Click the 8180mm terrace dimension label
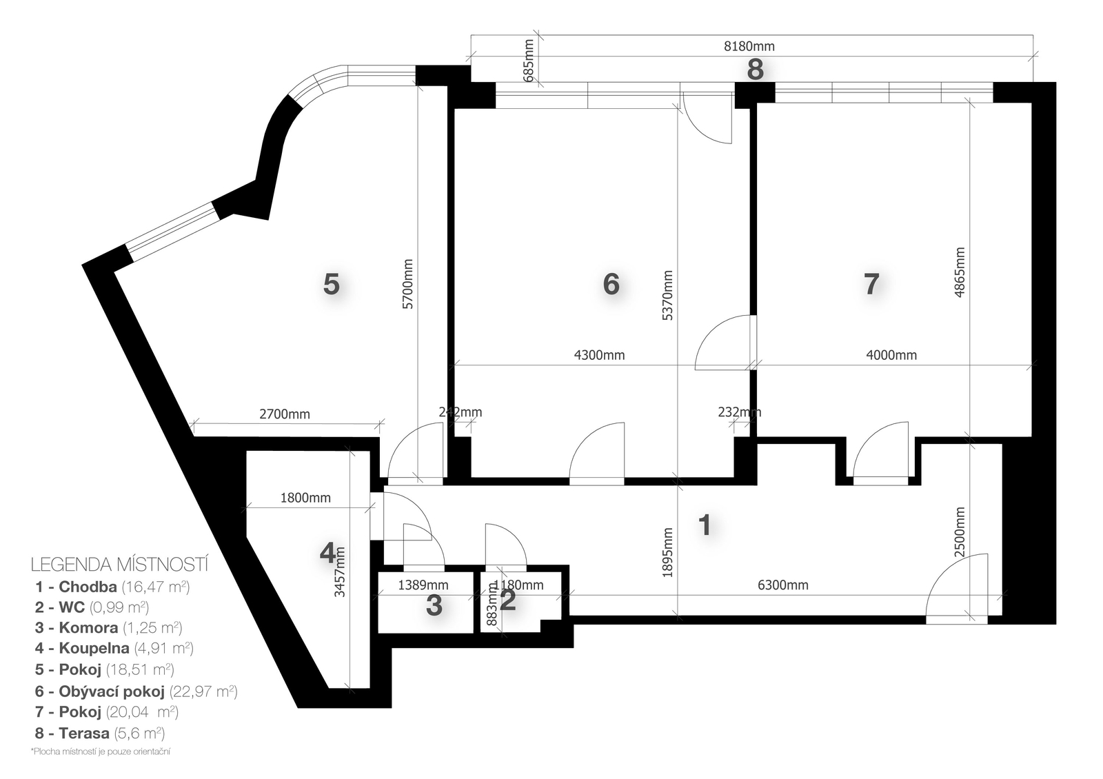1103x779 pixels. (x=749, y=46)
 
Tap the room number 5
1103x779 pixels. (x=331, y=284)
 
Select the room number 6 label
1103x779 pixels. (x=611, y=284)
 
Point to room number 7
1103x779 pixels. (x=871, y=284)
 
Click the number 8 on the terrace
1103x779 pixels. (x=756, y=70)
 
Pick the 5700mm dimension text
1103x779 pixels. (x=408, y=284)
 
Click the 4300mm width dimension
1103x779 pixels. (x=599, y=355)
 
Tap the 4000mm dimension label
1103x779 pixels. (x=891, y=355)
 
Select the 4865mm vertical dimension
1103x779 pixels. (x=959, y=272)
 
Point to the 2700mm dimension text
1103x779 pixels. (x=285, y=414)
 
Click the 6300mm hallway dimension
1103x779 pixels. (x=783, y=585)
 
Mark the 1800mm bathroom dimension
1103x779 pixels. (x=305, y=498)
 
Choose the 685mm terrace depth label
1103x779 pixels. (x=529, y=60)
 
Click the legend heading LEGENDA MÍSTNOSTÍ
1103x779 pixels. (x=120, y=565)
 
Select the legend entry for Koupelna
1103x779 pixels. (x=114, y=648)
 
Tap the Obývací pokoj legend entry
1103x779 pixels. (x=136, y=691)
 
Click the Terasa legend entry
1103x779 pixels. (x=100, y=734)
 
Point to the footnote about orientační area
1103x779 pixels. (x=101, y=752)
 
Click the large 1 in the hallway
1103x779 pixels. (x=705, y=525)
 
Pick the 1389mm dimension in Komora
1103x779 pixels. (x=423, y=585)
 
